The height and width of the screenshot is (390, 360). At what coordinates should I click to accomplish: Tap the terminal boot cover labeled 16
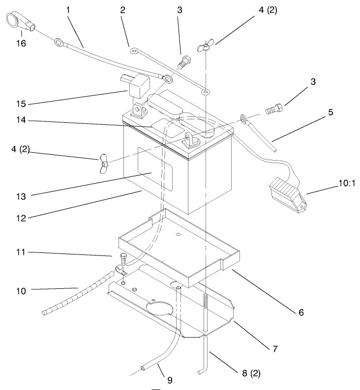(18, 23)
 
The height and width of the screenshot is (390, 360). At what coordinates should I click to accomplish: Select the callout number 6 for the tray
(300, 312)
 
